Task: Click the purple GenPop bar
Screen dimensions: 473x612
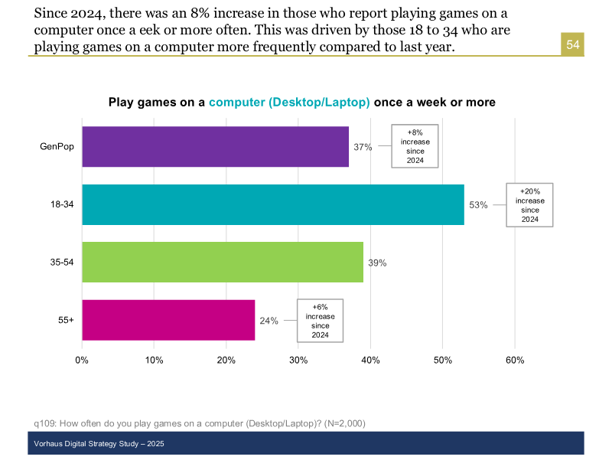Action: tap(215, 146)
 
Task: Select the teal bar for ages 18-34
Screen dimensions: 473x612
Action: tap(272, 204)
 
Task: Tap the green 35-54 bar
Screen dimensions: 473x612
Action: tap(222, 262)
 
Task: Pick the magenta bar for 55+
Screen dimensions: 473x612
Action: tap(168, 320)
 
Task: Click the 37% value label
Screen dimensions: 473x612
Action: tap(363, 147)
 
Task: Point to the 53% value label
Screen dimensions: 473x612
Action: tap(478, 205)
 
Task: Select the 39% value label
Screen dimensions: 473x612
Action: tap(377, 263)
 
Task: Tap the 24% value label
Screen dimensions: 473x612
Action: tap(269, 321)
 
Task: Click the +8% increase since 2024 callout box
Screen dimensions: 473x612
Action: tap(415, 146)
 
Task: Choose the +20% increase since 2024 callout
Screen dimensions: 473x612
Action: tap(529, 204)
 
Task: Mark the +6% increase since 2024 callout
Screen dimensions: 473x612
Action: tap(320, 321)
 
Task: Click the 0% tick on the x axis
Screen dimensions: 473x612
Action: tap(82, 360)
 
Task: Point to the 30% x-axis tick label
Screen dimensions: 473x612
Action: tap(298, 360)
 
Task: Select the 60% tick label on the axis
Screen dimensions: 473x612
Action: tap(515, 360)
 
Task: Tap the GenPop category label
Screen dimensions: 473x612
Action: tap(57, 147)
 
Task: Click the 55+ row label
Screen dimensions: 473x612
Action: tap(66, 321)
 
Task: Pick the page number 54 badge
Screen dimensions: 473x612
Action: tap(573, 45)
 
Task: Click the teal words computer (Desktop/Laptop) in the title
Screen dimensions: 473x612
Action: tap(289, 102)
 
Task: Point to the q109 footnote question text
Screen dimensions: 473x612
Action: tap(199, 423)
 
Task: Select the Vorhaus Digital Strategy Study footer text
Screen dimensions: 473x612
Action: tap(99, 444)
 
